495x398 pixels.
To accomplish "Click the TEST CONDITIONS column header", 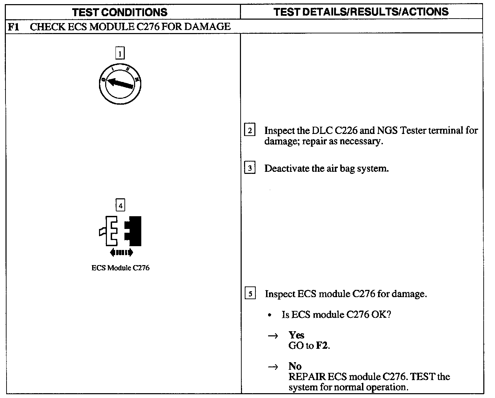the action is pyautogui.click(x=120, y=12).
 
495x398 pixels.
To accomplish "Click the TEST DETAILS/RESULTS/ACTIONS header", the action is pyautogui.click(x=361, y=12).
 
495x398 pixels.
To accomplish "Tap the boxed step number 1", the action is pyautogui.click(x=120, y=54).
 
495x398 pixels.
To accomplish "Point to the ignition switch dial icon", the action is pyautogui.click(x=120, y=84).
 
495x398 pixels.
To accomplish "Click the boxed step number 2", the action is pyautogui.click(x=250, y=130).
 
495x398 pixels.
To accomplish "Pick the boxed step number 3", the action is pyautogui.click(x=250, y=168).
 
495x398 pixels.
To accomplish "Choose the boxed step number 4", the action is pyautogui.click(x=120, y=206).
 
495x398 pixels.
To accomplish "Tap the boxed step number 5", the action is pyautogui.click(x=250, y=294).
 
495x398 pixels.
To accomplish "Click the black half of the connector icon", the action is pyautogui.click(x=134, y=231).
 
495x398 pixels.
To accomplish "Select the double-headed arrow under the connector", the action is pyautogui.click(x=121, y=253).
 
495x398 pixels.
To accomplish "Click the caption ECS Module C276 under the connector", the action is pyautogui.click(x=120, y=268).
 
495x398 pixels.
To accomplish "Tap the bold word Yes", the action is pyautogui.click(x=296, y=335).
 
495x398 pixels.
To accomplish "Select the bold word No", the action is pyautogui.click(x=295, y=366).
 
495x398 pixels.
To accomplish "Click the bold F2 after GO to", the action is pyautogui.click(x=322, y=346).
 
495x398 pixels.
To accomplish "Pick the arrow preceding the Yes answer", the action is pyautogui.click(x=273, y=336).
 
